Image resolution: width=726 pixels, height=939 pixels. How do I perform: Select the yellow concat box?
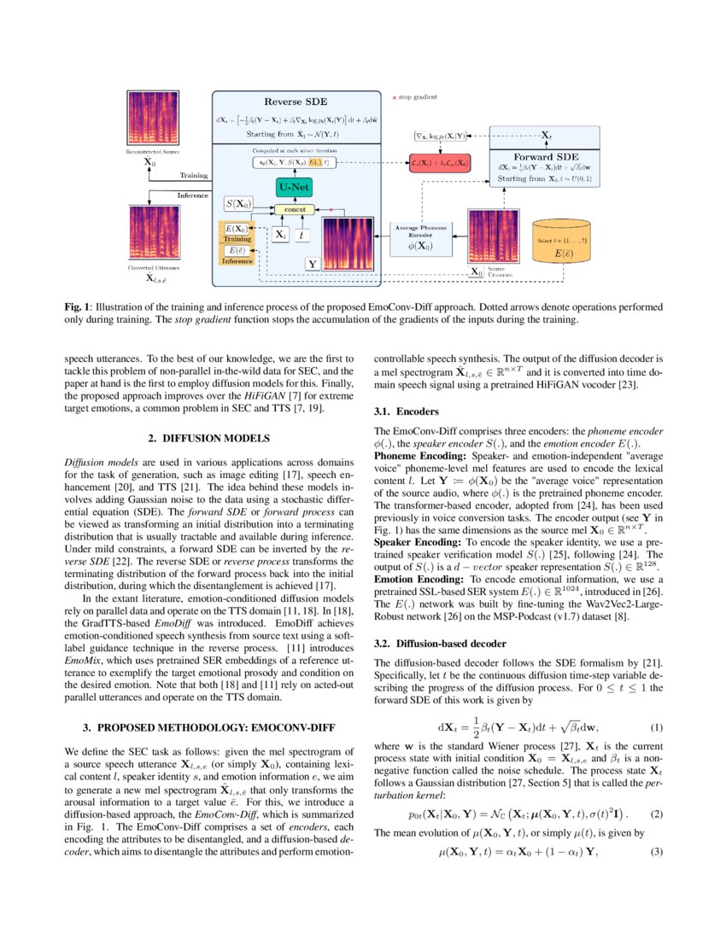pyautogui.click(x=296, y=209)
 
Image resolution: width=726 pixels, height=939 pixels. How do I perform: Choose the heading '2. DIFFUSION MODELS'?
pyautogui.click(x=208, y=438)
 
